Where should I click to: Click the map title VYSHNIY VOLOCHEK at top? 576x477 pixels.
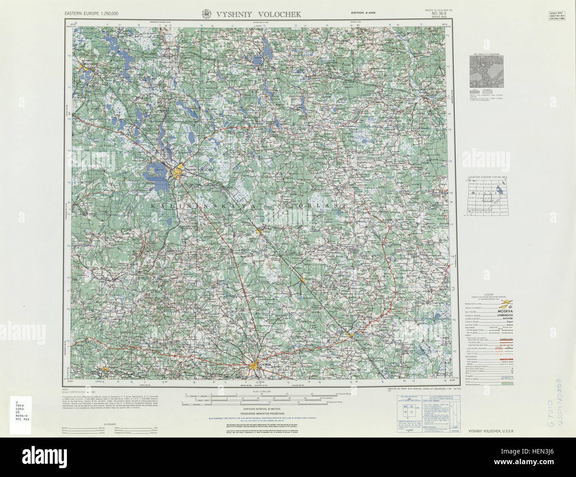259,14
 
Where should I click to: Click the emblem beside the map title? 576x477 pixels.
206,14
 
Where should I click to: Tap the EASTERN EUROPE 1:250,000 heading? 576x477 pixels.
92,14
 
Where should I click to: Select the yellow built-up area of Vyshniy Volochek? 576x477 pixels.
179,170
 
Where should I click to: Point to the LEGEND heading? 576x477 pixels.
489,294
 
